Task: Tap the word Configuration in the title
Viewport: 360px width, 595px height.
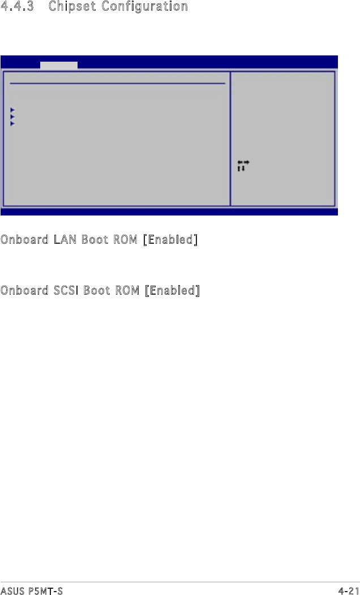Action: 148,7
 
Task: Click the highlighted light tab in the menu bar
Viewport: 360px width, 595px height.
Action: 59,65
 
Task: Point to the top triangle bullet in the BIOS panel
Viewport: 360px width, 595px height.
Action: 12,110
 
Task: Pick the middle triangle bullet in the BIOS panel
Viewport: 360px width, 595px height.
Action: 12,117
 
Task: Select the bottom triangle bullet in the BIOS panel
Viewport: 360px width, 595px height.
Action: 12,123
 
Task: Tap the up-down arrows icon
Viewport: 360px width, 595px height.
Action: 241,169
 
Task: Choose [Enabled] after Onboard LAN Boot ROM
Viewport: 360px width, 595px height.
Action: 170,240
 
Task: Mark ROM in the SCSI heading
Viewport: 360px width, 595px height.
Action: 127,291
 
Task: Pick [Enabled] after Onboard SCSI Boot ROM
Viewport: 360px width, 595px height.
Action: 173,291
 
